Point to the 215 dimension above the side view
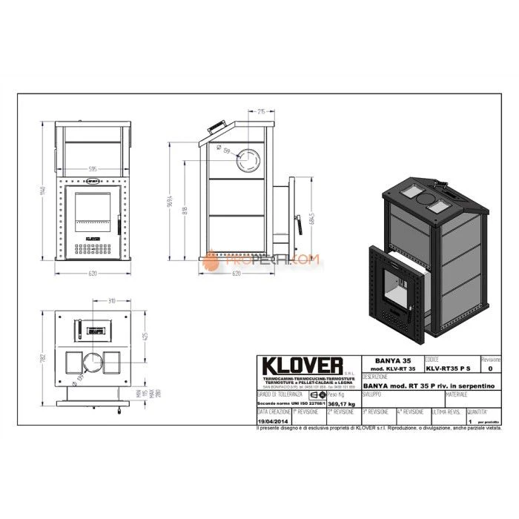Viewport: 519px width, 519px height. (x=262, y=112)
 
